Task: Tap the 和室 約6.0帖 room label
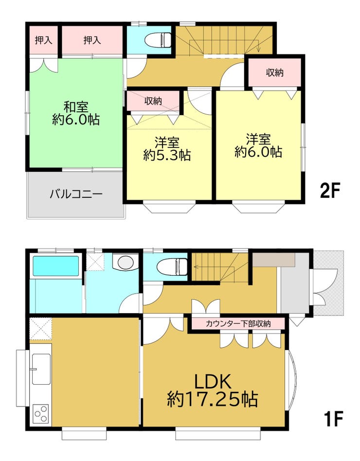tap(76, 113)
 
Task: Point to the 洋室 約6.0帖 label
tap(258, 145)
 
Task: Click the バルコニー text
tap(76, 194)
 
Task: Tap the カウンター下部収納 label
tap(238, 324)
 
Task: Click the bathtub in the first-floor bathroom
tap(56, 266)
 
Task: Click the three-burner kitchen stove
tap(41, 414)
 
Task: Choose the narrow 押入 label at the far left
tap(43, 40)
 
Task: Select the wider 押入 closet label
tap(92, 40)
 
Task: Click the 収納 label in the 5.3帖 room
tap(153, 101)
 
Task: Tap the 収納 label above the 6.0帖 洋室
tap(275, 72)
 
